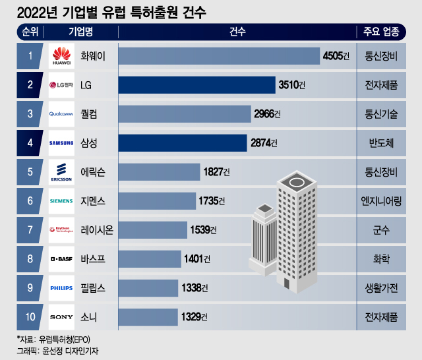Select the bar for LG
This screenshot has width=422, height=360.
tap(196, 84)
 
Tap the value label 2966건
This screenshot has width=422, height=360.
tap(267, 113)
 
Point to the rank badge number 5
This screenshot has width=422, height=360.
tap(30, 171)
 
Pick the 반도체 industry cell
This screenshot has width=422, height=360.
tap(386, 142)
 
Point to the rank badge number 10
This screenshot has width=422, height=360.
tap(30, 316)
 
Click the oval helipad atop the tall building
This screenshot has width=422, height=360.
tap(296, 180)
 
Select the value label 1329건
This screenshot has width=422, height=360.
tap(194, 316)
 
